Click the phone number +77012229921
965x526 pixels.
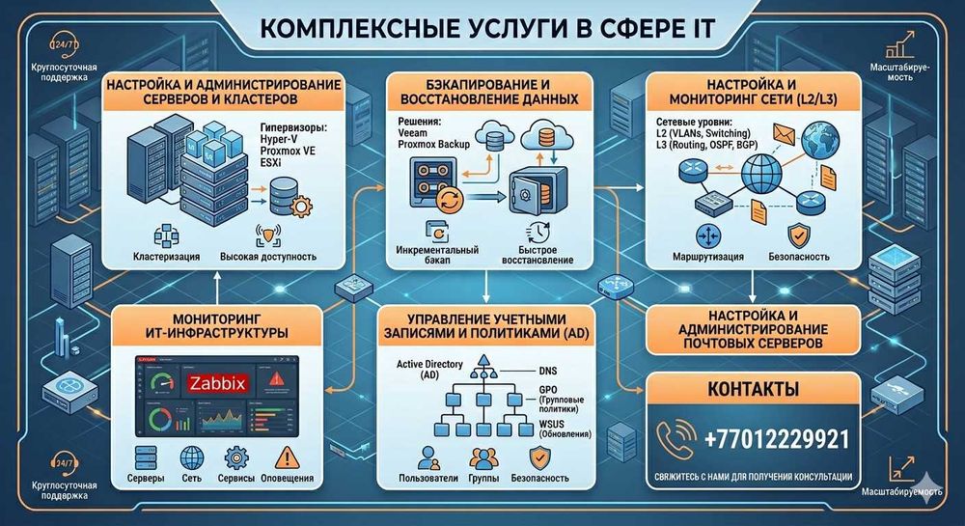777,440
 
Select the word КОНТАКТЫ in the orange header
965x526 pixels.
739,391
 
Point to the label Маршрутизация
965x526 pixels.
709,258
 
